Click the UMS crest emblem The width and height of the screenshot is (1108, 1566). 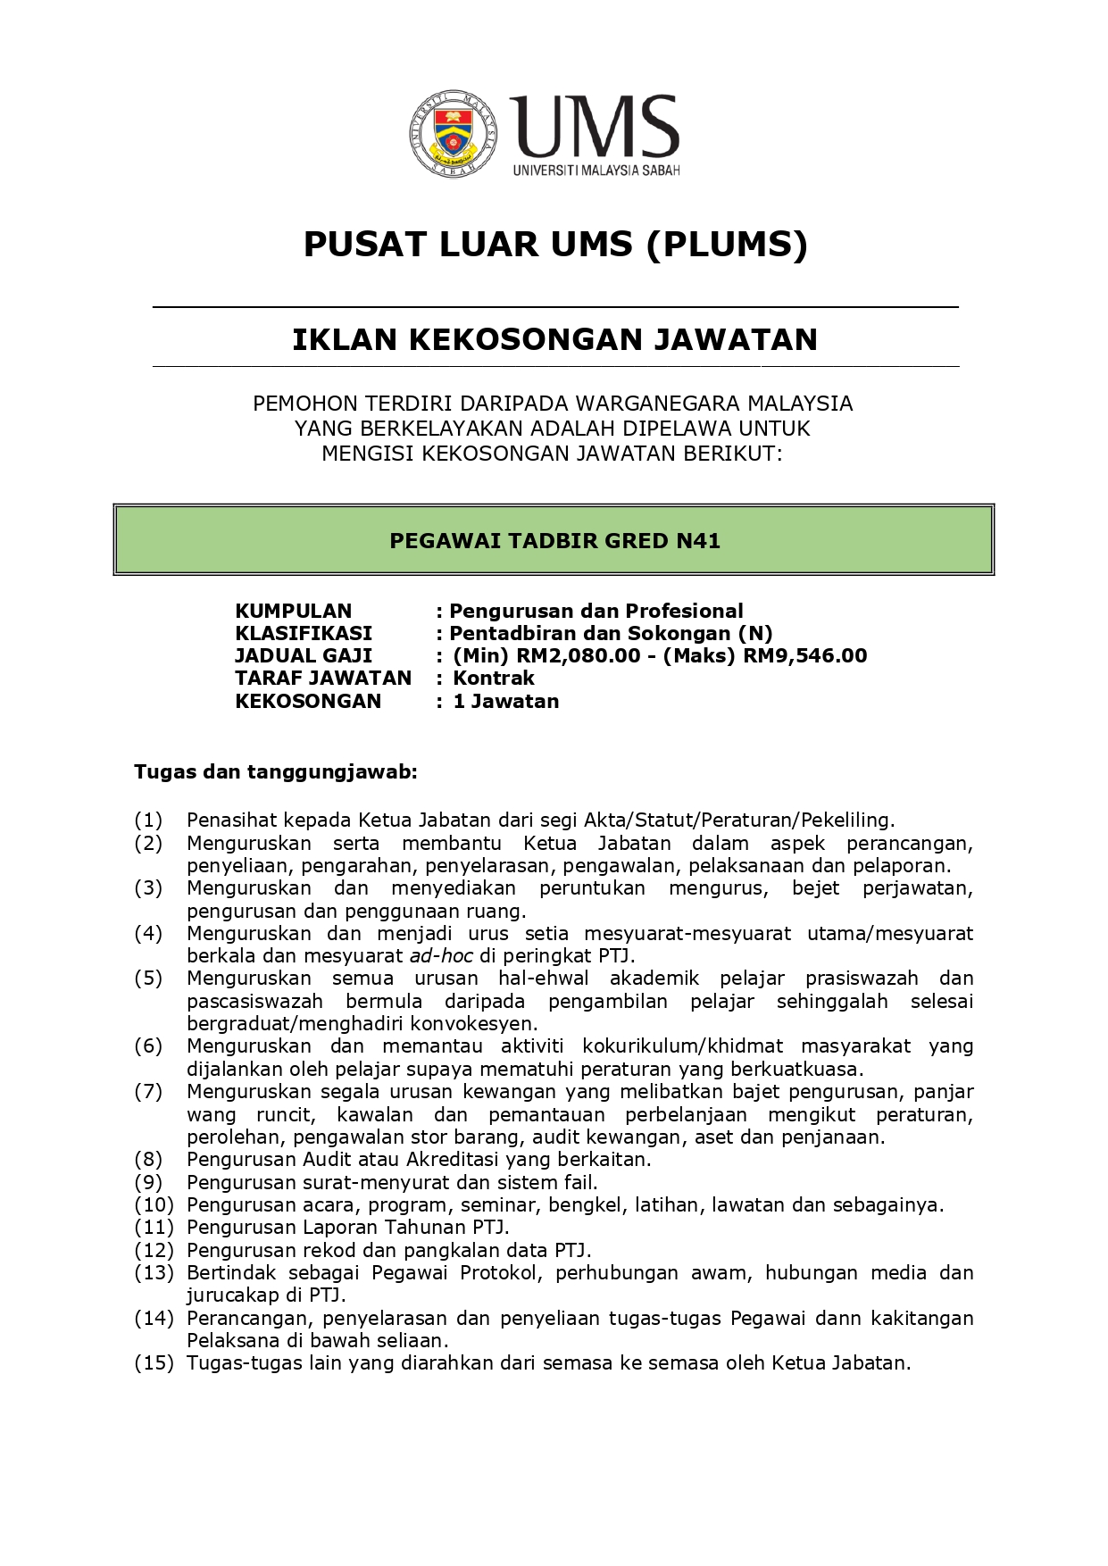pos(454,133)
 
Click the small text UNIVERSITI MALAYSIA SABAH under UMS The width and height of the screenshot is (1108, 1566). pos(596,170)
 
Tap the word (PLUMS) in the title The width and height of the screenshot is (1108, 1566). pos(727,244)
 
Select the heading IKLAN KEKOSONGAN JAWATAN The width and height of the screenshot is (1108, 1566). pos(554,339)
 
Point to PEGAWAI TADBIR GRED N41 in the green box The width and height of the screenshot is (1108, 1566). pos(554,540)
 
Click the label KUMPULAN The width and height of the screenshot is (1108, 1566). pos(293,611)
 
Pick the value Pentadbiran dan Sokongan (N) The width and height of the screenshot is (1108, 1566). pos(611,633)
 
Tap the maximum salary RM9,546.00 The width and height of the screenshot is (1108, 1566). pos(805,655)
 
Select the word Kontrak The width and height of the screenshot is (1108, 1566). pos(493,678)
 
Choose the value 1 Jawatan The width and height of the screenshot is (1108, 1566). pos(505,701)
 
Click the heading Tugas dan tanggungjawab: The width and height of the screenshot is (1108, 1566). pos(275,771)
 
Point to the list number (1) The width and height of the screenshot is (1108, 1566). pos(148,820)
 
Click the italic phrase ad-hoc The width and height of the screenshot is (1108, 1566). pos(441,955)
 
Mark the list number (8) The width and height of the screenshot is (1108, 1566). pos(148,1159)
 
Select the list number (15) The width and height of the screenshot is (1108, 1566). pos(154,1362)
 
